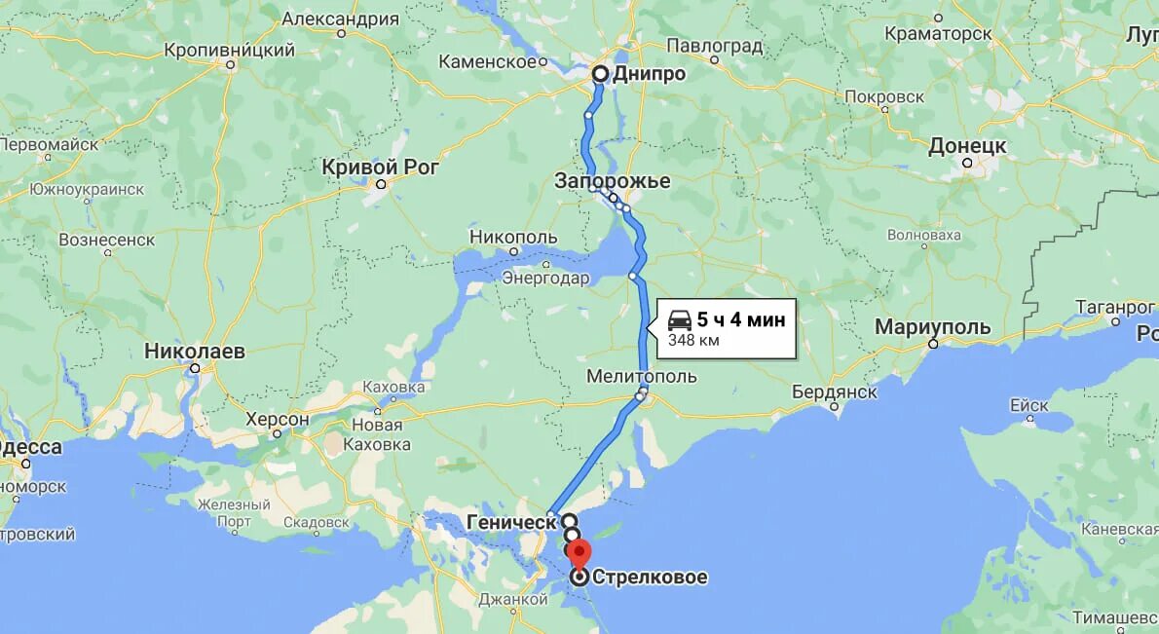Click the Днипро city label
click(x=649, y=74)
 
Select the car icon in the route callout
click(x=680, y=318)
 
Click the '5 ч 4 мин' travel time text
click(x=740, y=318)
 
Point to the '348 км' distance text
click(x=693, y=340)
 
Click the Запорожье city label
click(x=613, y=181)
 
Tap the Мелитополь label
click(x=641, y=376)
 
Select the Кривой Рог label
click(x=380, y=168)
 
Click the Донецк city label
click(x=966, y=146)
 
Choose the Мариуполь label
click(x=932, y=327)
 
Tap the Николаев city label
click(x=194, y=351)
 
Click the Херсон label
click(x=277, y=420)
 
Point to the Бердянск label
click(x=835, y=392)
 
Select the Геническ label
click(x=510, y=522)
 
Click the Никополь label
click(x=513, y=237)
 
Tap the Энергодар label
click(x=545, y=279)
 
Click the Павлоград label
click(x=716, y=45)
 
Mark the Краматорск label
click(x=938, y=33)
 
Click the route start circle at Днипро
click(x=600, y=73)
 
